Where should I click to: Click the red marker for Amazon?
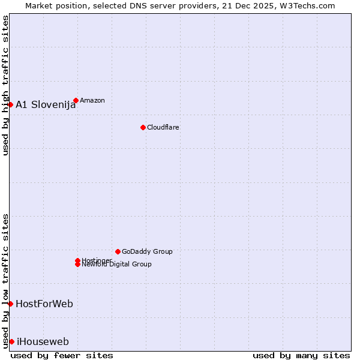click(x=76, y=100)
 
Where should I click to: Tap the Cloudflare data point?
click(x=143, y=127)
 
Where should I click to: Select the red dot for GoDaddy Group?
click(x=118, y=251)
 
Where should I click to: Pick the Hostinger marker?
click(x=77, y=260)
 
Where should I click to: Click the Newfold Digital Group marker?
click(x=77, y=265)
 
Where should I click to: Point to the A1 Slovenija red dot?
click(x=10, y=104)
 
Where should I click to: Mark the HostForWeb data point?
click(x=10, y=304)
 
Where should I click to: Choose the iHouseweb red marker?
click(x=11, y=341)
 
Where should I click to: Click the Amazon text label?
click(x=92, y=100)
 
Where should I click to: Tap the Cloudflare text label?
click(x=163, y=127)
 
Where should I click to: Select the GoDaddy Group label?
click(x=147, y=251)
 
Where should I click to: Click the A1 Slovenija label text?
click(x=46, y=104)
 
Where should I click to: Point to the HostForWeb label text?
click(x=44, y=304)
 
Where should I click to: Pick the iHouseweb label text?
click(x=43, y=342)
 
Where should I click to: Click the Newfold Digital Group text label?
click(x=116, y=265)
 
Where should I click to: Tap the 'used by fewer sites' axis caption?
click(x=62, y=355)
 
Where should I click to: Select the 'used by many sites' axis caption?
click(x=301, y=355)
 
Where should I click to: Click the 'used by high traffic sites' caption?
click(x=5, y=85)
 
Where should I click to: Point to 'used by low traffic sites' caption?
click(x=5, y=280)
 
